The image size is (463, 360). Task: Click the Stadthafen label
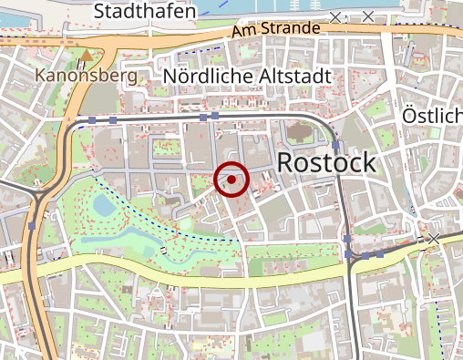(145, 11)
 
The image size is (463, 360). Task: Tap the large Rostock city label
(324, 163)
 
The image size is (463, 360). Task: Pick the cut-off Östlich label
(433, 117)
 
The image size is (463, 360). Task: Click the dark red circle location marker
(231, 180)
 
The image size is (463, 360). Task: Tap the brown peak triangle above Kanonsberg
(87, 56)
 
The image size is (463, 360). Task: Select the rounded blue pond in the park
(104, 205)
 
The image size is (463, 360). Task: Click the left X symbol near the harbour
(336, 17)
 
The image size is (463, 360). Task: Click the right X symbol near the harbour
(368, 16)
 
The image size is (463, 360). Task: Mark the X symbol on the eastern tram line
(434, 239)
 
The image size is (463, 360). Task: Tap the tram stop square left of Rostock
(335, 145)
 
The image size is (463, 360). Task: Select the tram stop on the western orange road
(33, 225)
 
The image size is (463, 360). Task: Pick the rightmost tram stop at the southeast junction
(381, 255)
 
